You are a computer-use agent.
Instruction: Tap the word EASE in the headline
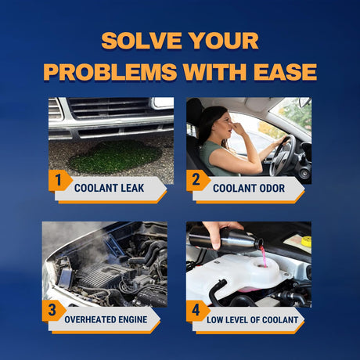click(286, 71)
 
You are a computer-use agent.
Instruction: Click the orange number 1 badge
click(59, 180)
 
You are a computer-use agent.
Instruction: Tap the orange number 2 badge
click(197, 180)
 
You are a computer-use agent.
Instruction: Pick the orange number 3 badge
click(53, 311)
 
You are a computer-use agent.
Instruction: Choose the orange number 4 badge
click(197, 311)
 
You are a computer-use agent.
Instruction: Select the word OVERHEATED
click(89, 319)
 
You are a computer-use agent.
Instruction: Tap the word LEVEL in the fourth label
click(234, 320)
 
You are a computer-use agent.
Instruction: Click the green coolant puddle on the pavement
click(115, 157)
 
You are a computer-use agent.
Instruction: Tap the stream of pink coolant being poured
click(264, 257)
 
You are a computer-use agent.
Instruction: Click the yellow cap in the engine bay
click(306, 241)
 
